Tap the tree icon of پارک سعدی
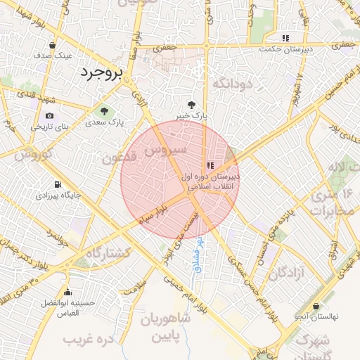click(105, 110)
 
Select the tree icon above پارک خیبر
click(191, 105)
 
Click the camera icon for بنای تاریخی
click(49, 116)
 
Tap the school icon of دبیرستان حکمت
click(285, 38)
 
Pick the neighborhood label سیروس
click(165, 150)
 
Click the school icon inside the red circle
click(210, 165)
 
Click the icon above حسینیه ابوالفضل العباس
click(67, 292)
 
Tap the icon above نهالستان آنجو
click(316, 307)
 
